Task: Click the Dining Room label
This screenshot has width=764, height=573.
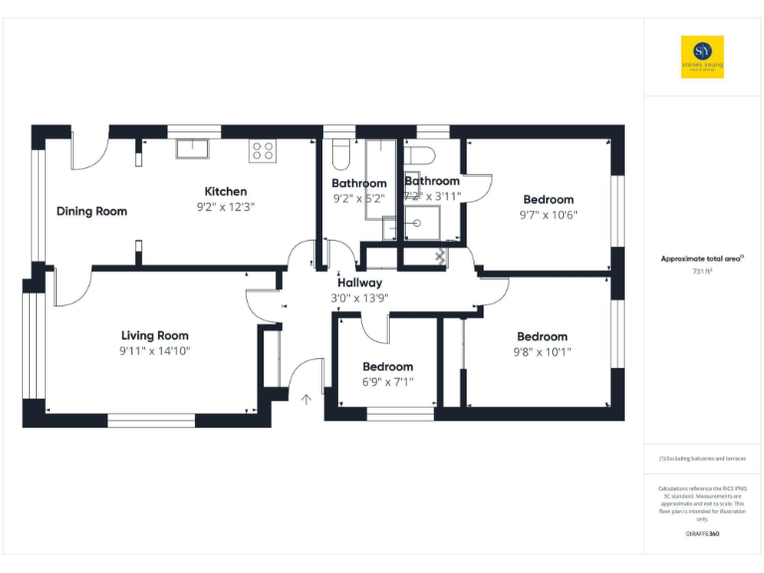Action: [92, 211]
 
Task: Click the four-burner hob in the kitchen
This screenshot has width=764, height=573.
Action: [263, 150]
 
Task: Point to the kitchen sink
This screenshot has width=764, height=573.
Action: [192, 149]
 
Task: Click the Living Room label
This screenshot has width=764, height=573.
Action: [154, 335]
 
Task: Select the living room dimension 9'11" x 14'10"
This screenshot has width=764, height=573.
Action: [154, 350]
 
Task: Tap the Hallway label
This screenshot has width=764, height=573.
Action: [358, 283]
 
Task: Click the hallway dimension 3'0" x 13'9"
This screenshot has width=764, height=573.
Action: [358, 297]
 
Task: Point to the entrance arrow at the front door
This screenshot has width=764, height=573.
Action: [306, 400]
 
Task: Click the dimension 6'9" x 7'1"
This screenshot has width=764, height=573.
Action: [387, 381]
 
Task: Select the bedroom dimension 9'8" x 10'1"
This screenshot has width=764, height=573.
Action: [542, 351]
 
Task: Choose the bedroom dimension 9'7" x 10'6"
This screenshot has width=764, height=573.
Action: [548, 214]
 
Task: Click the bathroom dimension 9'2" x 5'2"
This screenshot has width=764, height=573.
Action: [358, 198]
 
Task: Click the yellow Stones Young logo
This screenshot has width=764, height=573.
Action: [701, 57]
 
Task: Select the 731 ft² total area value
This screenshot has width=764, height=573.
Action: [702, 271]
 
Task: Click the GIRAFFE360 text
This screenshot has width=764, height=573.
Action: [702, 534]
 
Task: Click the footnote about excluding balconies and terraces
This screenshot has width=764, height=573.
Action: [702, 458]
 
